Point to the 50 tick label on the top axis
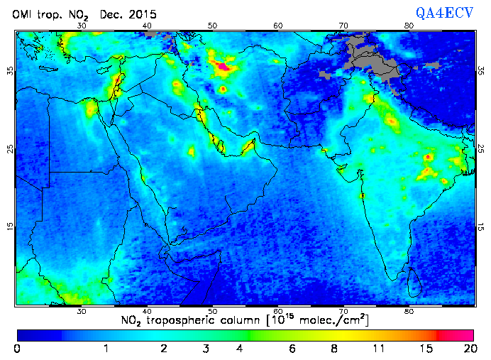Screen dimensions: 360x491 212,26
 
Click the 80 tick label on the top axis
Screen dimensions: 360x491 409,26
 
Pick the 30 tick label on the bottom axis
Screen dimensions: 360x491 82,311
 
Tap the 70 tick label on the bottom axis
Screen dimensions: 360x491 343,311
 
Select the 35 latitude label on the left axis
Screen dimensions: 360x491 10,71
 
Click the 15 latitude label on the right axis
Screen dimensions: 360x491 481,226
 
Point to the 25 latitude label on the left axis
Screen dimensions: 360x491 10,149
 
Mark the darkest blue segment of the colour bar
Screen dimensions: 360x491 39,334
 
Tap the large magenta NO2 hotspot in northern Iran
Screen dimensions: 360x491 224,67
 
